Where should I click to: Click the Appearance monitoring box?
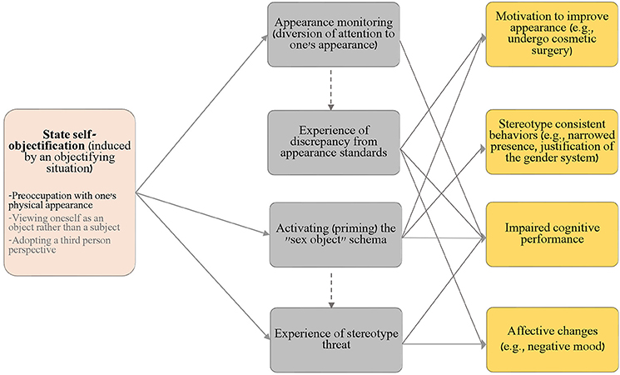(x=334, y=34)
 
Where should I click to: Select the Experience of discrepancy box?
(x=334, y=142)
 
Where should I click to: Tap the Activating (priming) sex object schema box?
(x=335, y=235)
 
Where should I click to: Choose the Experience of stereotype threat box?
(x=336, y=340)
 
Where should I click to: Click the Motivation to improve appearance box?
(x=552, y=34)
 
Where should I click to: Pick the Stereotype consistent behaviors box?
(x=552, y=142)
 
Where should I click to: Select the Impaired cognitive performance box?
(x=552, y=234)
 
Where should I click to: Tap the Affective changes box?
(x=552, y=339)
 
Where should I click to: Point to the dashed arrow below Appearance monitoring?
(x=331, y=90)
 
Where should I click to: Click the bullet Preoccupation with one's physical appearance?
(x=63, y=200)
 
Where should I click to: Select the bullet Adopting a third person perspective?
(x=60, y=245)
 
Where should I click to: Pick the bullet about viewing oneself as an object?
(x=64, y=222)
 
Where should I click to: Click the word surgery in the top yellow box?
(x=552, y=51)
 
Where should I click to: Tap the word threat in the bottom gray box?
(x=336, y=345)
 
